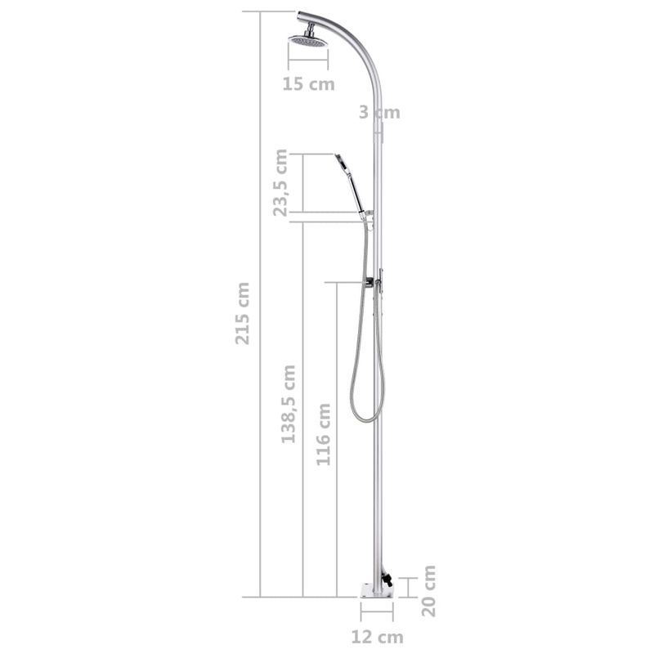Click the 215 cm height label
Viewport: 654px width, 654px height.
(x=243, y=313)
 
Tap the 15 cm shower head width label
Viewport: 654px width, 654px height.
(x=308, y=83)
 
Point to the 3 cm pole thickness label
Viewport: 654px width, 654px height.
(x=380, y=113)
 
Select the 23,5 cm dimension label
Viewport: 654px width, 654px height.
(x=282, y=183)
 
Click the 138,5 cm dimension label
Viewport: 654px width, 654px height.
(x=289, y=404)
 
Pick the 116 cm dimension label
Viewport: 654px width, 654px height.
(x=325, y=434)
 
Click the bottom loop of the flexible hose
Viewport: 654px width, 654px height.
(x=364, y=417)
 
